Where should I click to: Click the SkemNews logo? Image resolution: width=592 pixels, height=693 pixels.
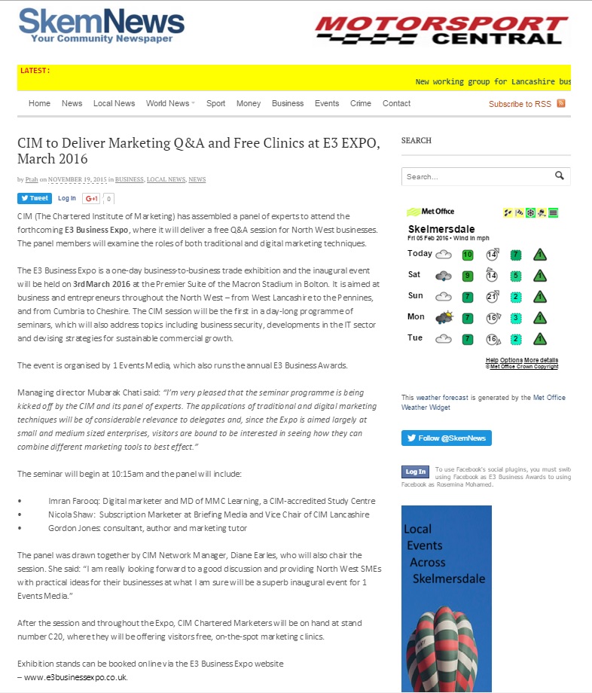coord(101,25)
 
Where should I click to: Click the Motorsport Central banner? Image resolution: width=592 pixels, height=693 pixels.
coord(441,30)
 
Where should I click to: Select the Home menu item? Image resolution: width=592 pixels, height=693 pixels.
coord(39,103)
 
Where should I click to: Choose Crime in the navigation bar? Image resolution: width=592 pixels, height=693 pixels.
coord(361,103)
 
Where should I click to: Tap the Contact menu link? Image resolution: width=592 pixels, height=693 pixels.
coord(396,103)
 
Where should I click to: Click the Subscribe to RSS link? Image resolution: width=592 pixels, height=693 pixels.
coord(520,104)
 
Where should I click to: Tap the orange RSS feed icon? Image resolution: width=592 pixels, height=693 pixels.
coord(561,103)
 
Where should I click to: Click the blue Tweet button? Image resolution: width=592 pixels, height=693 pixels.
coord(35,199)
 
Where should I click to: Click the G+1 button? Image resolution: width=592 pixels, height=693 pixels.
coord(91,199)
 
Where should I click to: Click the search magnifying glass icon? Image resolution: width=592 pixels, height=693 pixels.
coord(560,176)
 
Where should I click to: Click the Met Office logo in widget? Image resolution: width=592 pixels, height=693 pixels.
coord(430,212)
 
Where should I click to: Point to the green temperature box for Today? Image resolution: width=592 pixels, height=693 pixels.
coord(468,255)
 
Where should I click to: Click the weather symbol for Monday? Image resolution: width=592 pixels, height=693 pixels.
coord(444,317)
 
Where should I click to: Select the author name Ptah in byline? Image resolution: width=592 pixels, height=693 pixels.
coord(32,179)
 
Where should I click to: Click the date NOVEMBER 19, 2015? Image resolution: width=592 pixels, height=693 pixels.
coord(78,179)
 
